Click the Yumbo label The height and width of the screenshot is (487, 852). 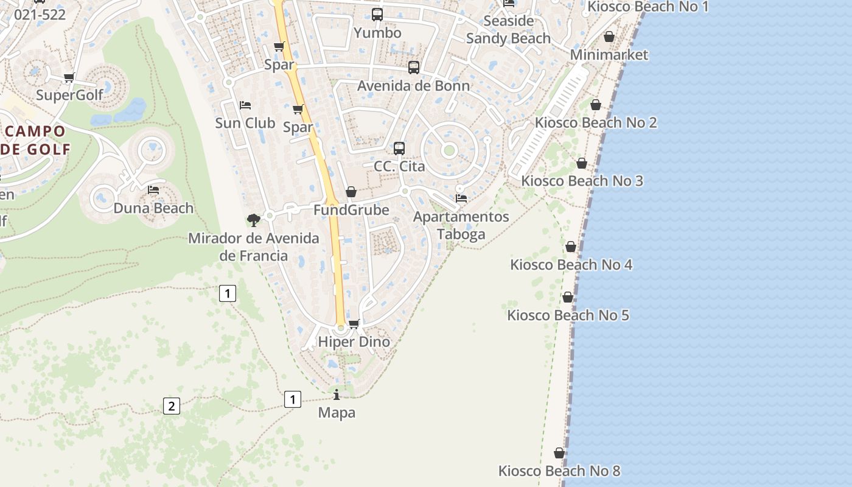tap(377, 33)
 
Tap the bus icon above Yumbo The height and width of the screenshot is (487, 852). tap(377, 14)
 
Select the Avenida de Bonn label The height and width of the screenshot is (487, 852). tap(413, 86)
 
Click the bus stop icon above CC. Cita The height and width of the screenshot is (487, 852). tap(399, 148)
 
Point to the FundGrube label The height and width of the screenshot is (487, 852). tap(351, 210)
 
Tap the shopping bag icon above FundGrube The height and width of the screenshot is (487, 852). tap(351, 192)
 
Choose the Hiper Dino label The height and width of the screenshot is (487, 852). tap(354, 342)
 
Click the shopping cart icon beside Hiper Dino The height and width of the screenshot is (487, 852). tap(354, 324)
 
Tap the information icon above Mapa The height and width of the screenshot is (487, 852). tap(337, 394)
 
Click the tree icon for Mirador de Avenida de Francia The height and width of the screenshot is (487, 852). tap(254, 220)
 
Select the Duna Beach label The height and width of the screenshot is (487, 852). tap(153, 208)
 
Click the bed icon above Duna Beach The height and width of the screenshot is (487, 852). tap(153, 190)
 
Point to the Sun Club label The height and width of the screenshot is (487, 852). tap(245, 123)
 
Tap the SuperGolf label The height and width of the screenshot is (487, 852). tap(69, 96)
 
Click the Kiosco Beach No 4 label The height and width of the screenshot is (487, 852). tap(571, 265)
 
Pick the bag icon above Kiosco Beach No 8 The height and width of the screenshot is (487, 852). tap(559, 453)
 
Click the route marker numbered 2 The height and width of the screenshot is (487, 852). tap(172, 406)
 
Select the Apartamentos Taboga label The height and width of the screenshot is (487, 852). tap(461, 225)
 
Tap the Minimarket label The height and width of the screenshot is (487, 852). tap(609, 55)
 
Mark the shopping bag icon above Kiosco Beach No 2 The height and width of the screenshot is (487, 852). tap(596, 105)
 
